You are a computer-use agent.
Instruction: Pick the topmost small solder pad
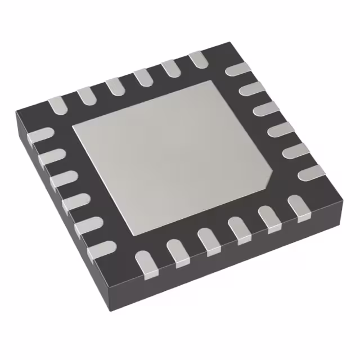point(199,59)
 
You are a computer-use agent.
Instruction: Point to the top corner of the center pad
point(213,80)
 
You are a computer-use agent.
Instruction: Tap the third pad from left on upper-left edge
point(114,86)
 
